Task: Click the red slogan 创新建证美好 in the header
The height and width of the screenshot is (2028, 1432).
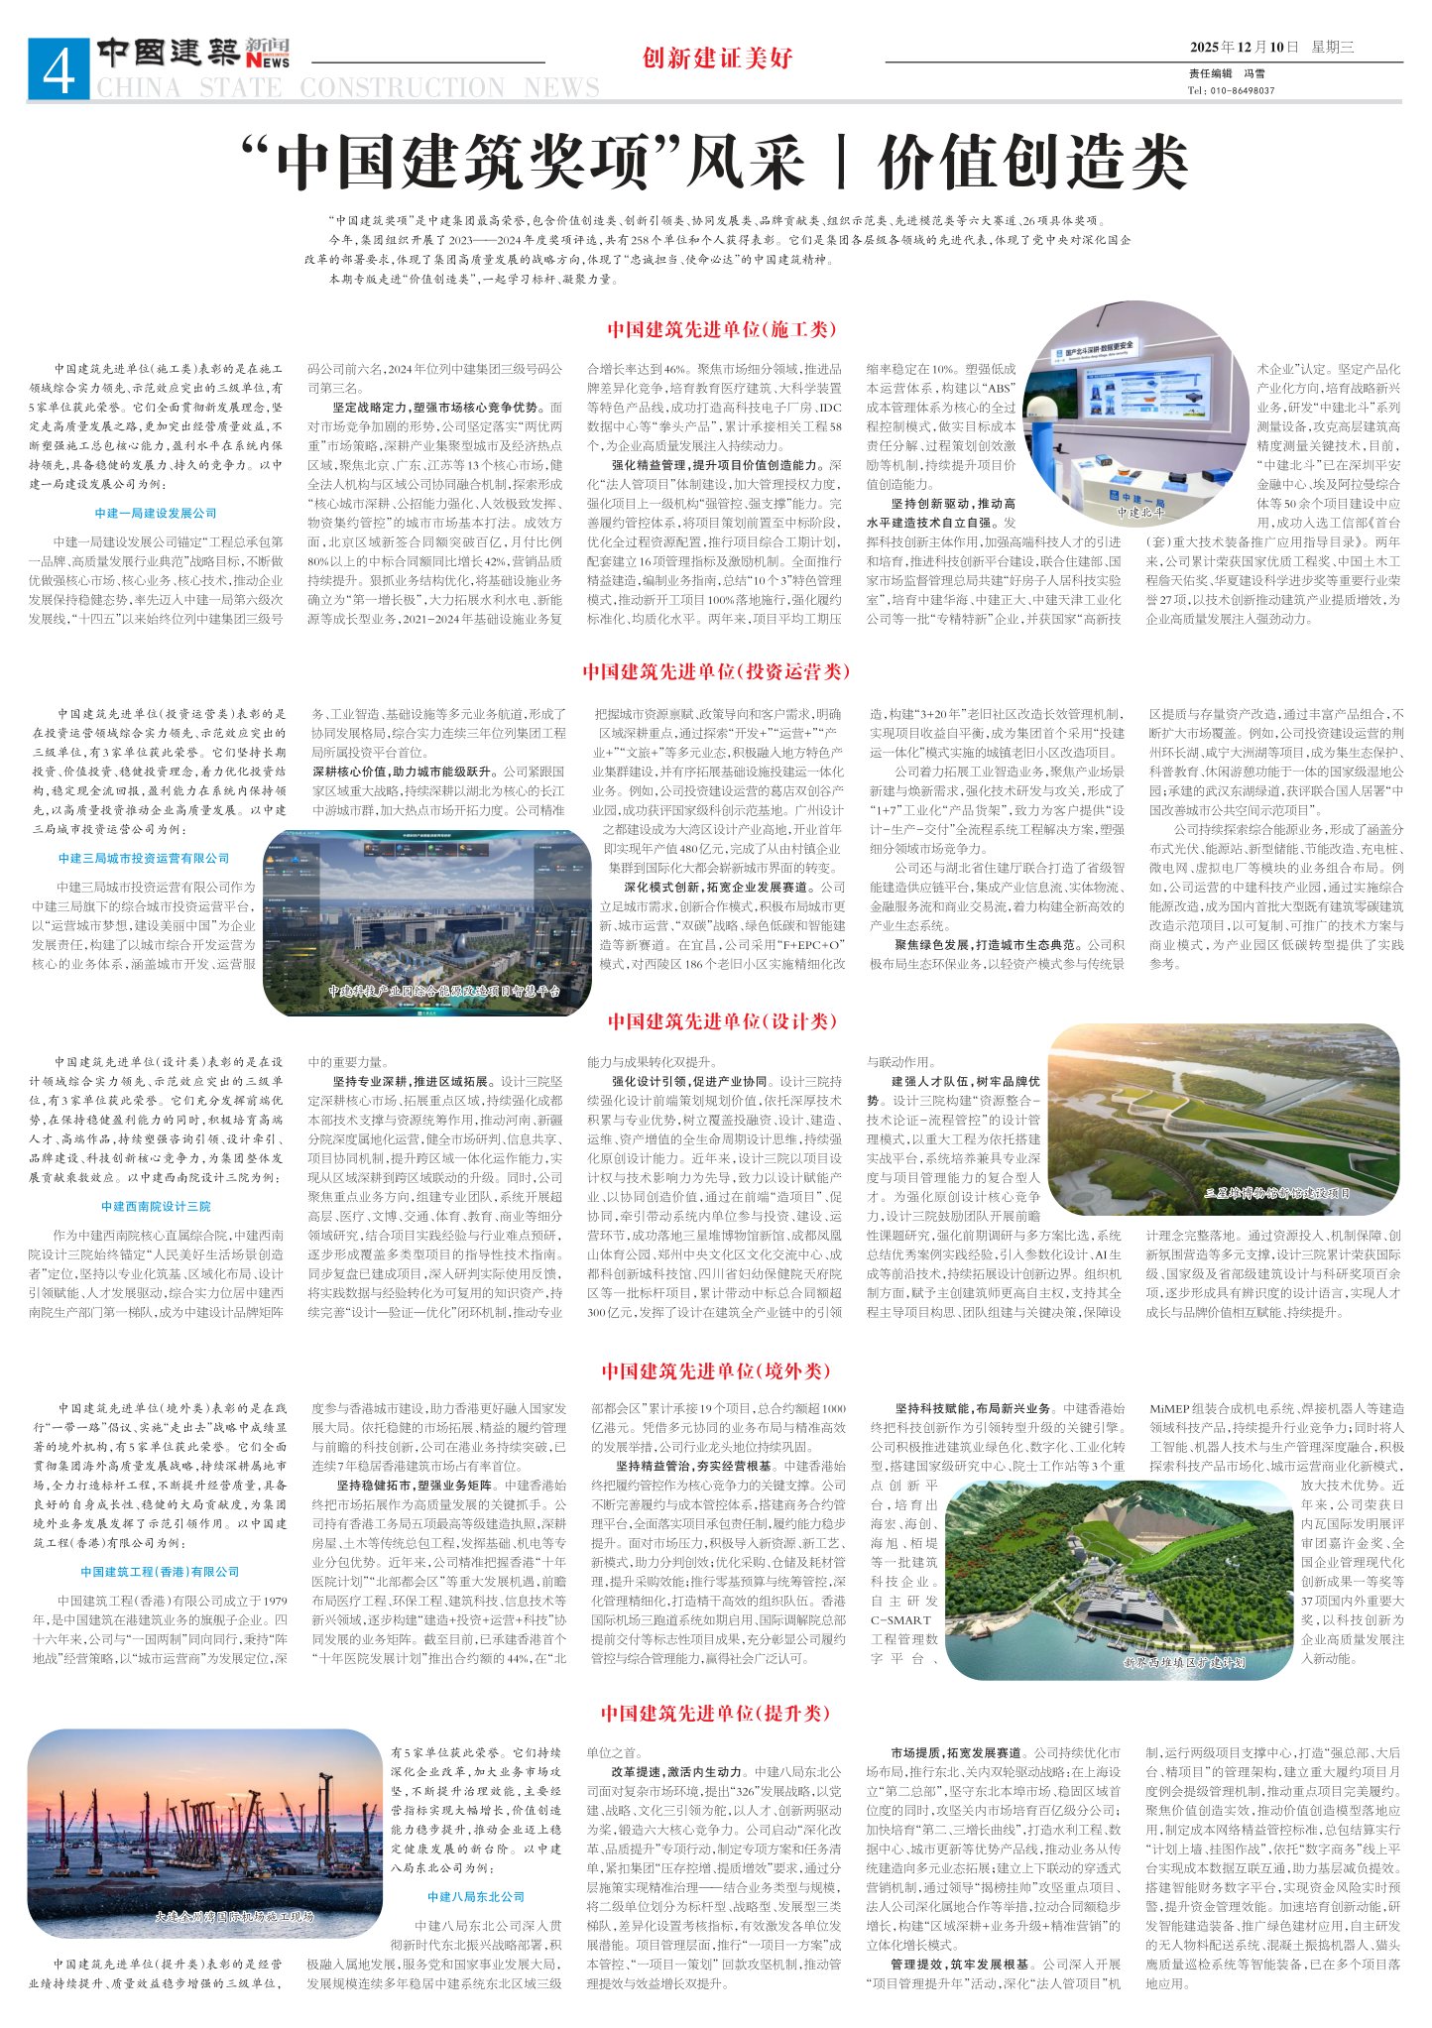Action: tap(717, 59)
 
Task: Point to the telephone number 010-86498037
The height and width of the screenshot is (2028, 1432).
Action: tap(1241, 90)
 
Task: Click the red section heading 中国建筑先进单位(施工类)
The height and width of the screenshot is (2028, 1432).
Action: tap(722, 329)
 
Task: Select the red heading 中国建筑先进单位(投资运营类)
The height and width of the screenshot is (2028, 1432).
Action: tap(716, 671)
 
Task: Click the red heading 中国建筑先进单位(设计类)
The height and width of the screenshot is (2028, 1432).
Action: tap(722, 1020)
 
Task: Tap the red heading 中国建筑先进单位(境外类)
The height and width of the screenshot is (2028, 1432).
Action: tap(715, 1371)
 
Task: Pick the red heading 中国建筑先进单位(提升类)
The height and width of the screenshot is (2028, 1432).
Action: tap(715, 1713)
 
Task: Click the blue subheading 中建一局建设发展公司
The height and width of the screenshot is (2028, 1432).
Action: tap(156, 513)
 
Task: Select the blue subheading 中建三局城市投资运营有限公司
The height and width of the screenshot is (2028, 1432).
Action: tap(144, 858)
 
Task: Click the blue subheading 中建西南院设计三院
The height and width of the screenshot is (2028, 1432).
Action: tap(156, 1206)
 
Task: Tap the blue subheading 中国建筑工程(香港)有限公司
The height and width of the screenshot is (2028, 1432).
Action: tap(161, 1571)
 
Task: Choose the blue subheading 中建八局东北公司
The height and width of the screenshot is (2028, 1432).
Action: tap(476, 1896)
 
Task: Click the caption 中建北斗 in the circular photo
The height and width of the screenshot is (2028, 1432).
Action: tap(1140, 512)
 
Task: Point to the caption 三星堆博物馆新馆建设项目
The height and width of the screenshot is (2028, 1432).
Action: tap(1277, 1192)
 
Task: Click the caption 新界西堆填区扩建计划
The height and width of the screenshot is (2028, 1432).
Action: tap(1184, 1662)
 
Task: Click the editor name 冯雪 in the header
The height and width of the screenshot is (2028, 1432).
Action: tap(1254, 73)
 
